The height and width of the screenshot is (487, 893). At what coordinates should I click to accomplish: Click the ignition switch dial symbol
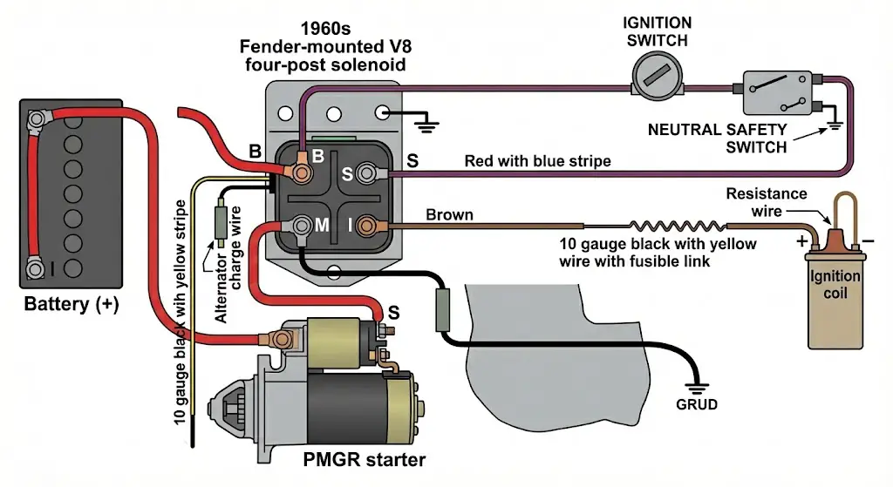click(x=654, y=83)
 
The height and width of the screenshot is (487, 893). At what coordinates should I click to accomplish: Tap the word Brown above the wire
click(x=449, y=214)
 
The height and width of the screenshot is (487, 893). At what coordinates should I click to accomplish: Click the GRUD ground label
click(x=697, y=404)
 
